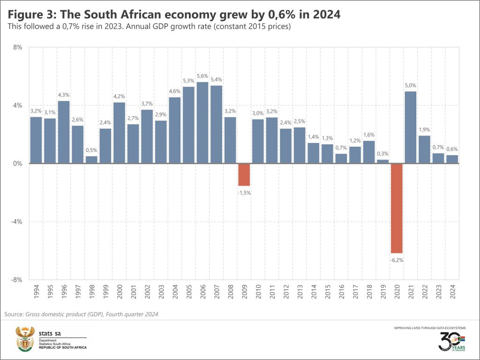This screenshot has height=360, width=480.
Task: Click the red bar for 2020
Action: tap(397, 208)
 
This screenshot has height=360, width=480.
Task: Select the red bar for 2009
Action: tap(244, 175)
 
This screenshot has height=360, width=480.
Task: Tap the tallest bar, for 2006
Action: tap(202, 123)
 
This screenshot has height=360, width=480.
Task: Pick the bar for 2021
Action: tap(410, 127)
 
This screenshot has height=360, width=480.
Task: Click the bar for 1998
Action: tap(91, 160)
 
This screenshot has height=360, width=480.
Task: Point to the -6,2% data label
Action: tap(397, 260)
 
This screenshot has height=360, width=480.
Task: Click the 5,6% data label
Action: tap(202, 76)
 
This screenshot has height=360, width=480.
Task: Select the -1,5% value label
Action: tap(244, 193)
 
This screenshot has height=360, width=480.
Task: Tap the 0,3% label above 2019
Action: tap(382, 154)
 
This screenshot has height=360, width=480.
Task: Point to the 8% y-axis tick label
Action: tap(18, 47)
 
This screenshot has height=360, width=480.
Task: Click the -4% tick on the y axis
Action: tap(17, 221)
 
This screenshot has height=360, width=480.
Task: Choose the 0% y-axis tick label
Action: tap(18, 164)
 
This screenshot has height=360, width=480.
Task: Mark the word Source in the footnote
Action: tap(14, 314)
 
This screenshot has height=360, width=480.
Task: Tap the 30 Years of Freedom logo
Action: tap(451, 341)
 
